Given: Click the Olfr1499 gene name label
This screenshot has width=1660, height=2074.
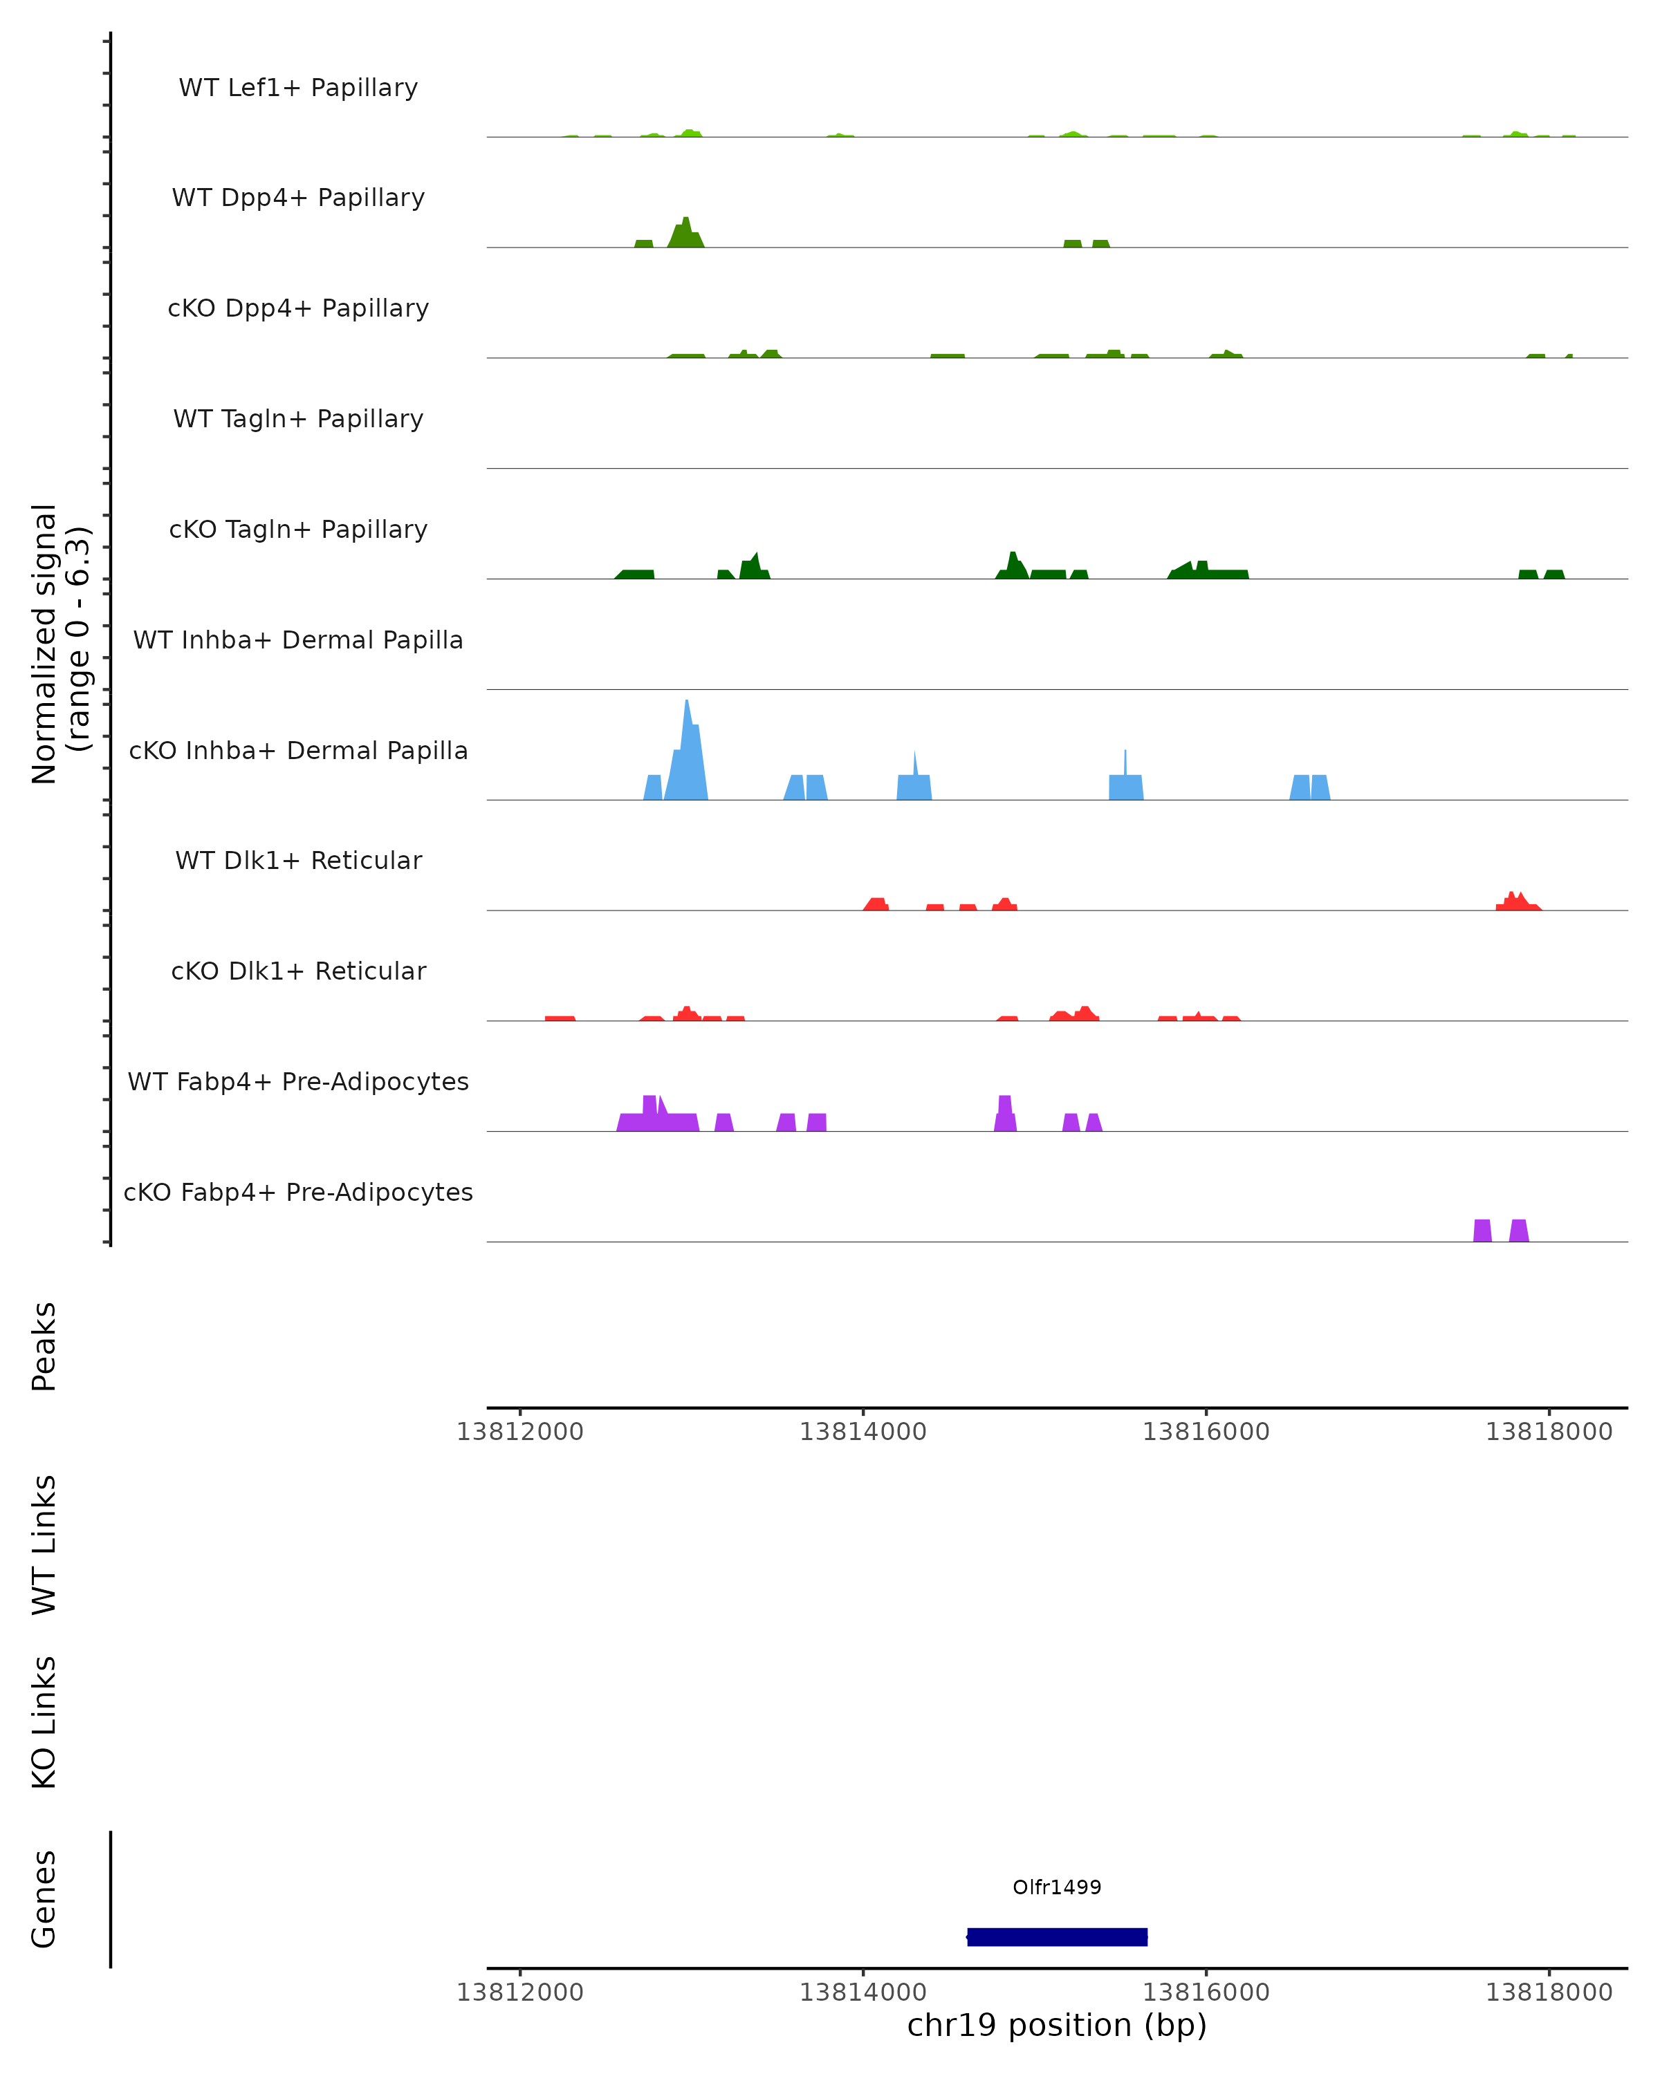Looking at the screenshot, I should [1057, 1887].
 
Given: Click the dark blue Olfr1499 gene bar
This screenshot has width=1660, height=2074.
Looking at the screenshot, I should [1057, 1936].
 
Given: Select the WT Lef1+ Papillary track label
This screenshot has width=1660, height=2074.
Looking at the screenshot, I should [298, 88].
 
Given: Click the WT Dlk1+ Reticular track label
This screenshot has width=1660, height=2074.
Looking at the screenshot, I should [298, 860].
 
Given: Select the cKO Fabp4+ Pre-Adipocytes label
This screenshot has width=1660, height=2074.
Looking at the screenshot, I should [298, 1192].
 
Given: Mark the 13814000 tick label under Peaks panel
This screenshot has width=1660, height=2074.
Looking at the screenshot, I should [863, 1432].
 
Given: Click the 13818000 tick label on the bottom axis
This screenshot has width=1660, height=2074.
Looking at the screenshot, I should [1549, 1992].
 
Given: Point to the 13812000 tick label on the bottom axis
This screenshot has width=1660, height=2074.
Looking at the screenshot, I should [519, 1992].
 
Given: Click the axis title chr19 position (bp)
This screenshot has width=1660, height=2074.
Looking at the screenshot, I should [1057, 2026].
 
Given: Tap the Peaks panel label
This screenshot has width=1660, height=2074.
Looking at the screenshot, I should [44, 1346].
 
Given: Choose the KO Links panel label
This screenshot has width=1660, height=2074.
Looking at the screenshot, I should [44, 1722].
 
